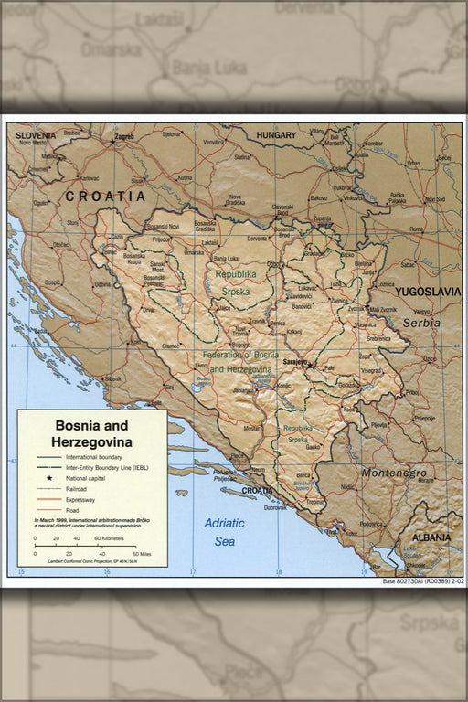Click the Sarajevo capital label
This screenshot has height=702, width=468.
pos(294,362)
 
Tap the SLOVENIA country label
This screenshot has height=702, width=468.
pos(36,136)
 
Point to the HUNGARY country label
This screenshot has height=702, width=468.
pos(275,135)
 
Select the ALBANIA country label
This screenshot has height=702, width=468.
pos(431,537)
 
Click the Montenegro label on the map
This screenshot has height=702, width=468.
pos(393,473)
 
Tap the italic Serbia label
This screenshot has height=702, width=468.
pos(421,323)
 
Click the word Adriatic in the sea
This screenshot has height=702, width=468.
pos(224,524)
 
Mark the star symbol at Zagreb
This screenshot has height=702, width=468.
pos(112,143)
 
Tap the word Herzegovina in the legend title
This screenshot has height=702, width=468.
pos(91,442)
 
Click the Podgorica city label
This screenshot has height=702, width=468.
pos(370,523)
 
